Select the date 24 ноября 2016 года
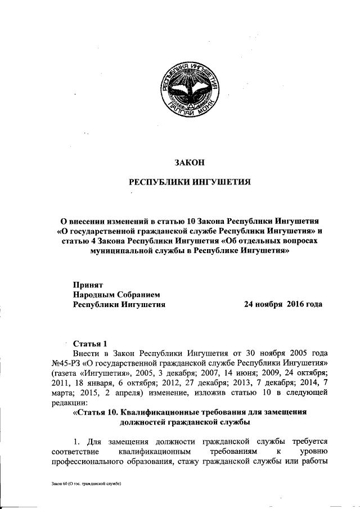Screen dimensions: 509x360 [x=282, y=304]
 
